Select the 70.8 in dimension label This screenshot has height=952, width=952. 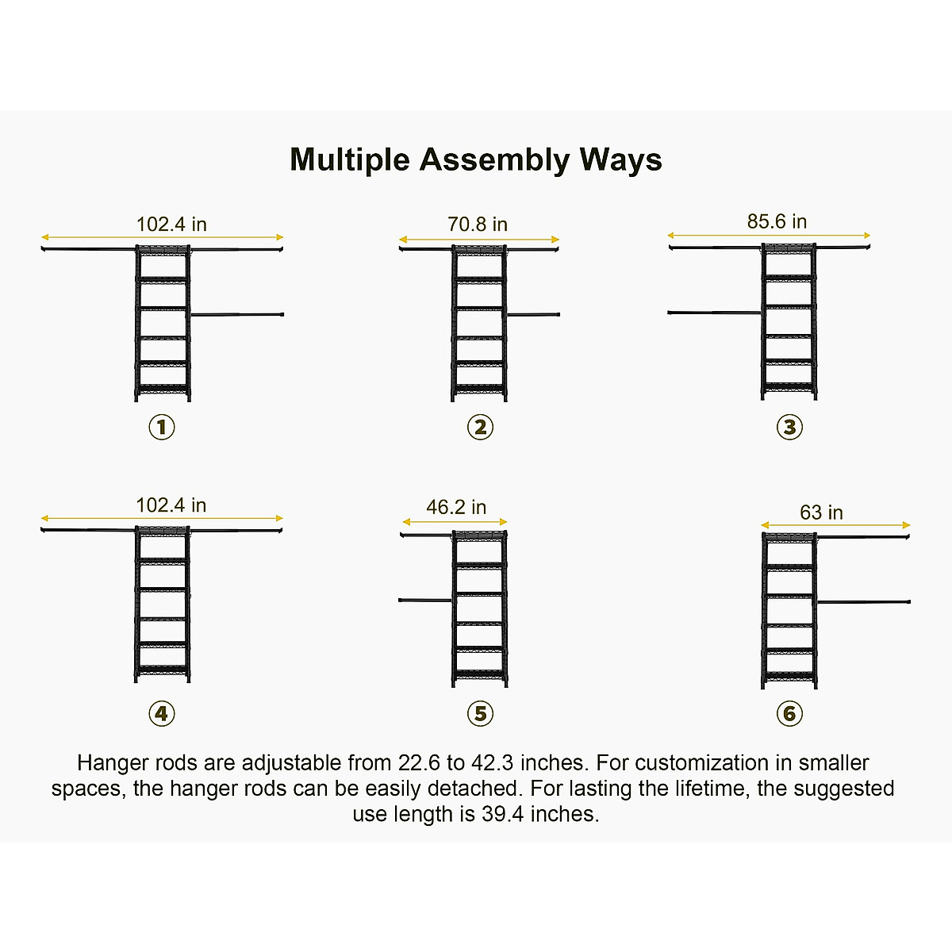click(x=478, y=225)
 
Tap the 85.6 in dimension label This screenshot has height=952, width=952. click(x=777, y=221)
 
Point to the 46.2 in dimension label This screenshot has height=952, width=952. click(x=456, y=507)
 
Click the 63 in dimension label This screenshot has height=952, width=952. click(x=821, y=512)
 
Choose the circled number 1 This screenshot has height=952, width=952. click(x=162, y=428)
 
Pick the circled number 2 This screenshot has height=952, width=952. click(x=480, y=428)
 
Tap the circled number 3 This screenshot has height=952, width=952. click(x=789, y=428)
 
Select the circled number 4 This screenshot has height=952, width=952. click(x=162, y=713)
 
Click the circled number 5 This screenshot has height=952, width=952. click(x=480, y=713)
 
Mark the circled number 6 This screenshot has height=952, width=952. click(x=789, y=713)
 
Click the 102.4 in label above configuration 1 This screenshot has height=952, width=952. click(x=171, y=225)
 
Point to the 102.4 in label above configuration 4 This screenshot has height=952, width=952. click(x=171, y=505)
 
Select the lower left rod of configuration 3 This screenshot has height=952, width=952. click(x=714, y=313)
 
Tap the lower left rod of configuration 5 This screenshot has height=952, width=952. click(x=425, y=600)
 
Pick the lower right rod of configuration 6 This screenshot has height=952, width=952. click(x=864, y=601)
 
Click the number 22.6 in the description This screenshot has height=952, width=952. click(x=420, y=763)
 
